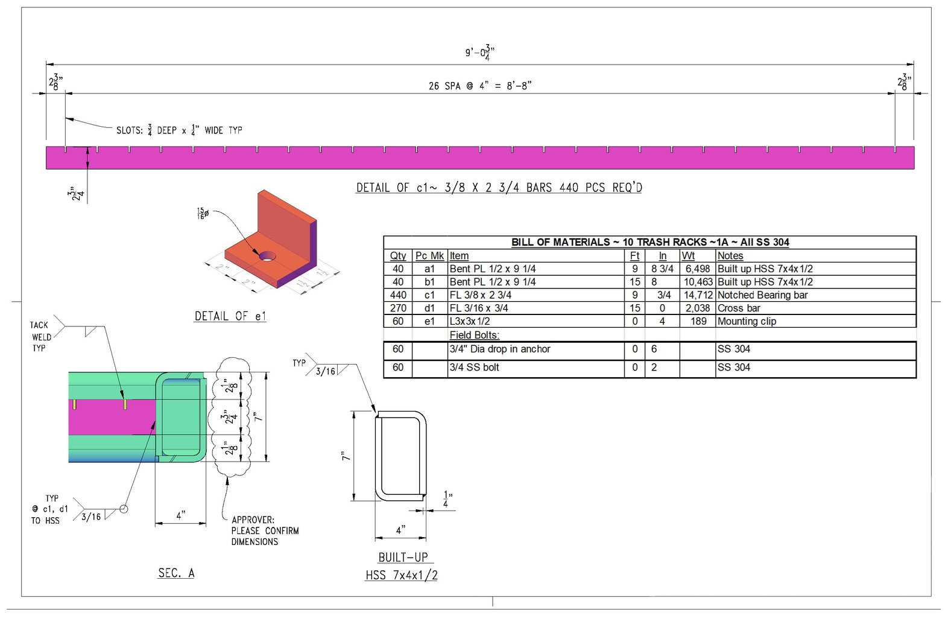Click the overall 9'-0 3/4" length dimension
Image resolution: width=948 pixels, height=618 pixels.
(x=479, y=53)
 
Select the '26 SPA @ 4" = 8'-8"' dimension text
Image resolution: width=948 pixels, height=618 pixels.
(x=480, y=86)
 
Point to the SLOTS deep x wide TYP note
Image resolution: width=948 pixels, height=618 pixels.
(x=179, y=130)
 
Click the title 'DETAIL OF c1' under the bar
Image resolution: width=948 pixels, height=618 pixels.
(x=499, y=188)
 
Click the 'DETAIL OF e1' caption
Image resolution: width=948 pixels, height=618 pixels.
(x=230, y=316)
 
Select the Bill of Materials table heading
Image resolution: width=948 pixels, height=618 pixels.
(x=649, y=242)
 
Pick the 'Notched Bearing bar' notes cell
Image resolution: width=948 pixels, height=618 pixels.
(x=762, y=295)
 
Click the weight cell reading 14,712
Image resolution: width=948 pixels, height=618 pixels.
(x=698, y=295)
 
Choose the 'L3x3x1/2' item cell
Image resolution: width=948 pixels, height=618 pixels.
(x=470, y=321)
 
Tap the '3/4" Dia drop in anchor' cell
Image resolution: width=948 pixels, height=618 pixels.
(x=500, y=349)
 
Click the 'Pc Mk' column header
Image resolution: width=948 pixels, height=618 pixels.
(x=429, y=256)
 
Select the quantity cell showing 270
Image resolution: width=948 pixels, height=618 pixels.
(x=398, y=308)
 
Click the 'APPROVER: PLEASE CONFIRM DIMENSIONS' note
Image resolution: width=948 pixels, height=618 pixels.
(x=265, y=530)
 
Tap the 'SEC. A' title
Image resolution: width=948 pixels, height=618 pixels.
(x=176, y=573)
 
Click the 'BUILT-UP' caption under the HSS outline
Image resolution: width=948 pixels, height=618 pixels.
(x=403, y=557)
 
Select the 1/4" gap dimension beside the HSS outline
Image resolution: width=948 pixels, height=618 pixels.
(x=446, y=499)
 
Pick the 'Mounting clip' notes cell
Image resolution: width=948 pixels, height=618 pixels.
(x=747, y=321)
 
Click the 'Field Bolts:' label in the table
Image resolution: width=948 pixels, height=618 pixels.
(x=474, y=335)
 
